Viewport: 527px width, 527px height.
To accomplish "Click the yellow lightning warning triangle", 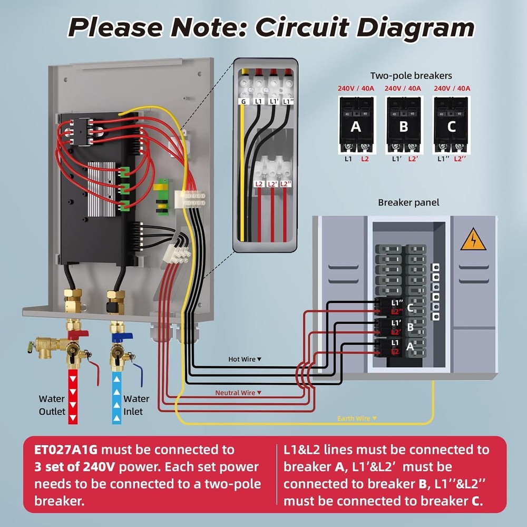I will tap(473, 241).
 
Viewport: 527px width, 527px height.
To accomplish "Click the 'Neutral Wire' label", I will tap(238, 393).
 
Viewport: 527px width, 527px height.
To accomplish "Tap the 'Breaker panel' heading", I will tap(408, 202).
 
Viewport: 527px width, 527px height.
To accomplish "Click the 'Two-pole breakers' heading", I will tap(411, 76).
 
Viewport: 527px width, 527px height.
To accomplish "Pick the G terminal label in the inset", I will tap(243, 101).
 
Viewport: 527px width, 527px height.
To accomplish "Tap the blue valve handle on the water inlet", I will tap(122, 334).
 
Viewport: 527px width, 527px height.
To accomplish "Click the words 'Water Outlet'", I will tap(52, 405).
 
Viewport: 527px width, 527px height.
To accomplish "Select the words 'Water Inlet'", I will tap(136, 405).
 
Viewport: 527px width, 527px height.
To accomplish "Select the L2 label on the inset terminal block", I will tap(259, 184).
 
